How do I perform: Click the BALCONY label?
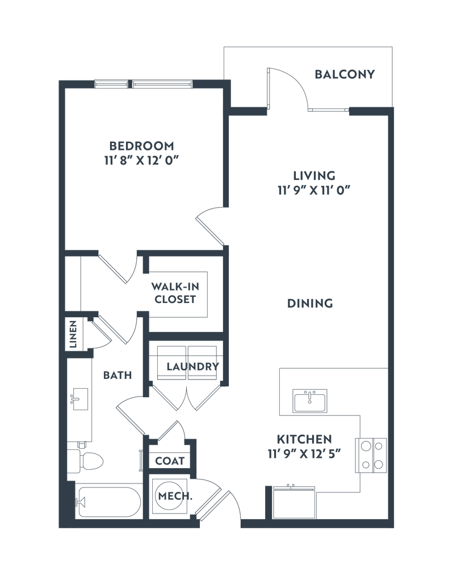[x=345, y=74]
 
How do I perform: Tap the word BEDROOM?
[x=142, y=145]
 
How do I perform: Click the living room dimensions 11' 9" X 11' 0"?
[x=314, y=190]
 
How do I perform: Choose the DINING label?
[x=310, y=304]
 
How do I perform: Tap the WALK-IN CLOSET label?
[x=175, y=293]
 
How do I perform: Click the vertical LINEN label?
[x=73, y=334]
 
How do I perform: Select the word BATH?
[x=118, y=376]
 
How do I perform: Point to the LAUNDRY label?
[x=192, y=367]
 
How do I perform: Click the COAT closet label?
[x=170, y=461]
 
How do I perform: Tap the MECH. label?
[x=175, y=496]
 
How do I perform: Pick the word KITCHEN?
[x=304, y=440]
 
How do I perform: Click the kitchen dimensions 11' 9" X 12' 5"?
[x=304, y=454]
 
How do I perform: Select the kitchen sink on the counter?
[x=310, y=401]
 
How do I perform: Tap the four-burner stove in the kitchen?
[x=371, y=456]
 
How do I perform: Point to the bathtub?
[x=109, y=503]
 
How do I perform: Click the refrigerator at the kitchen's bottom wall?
[x=293, y=502]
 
